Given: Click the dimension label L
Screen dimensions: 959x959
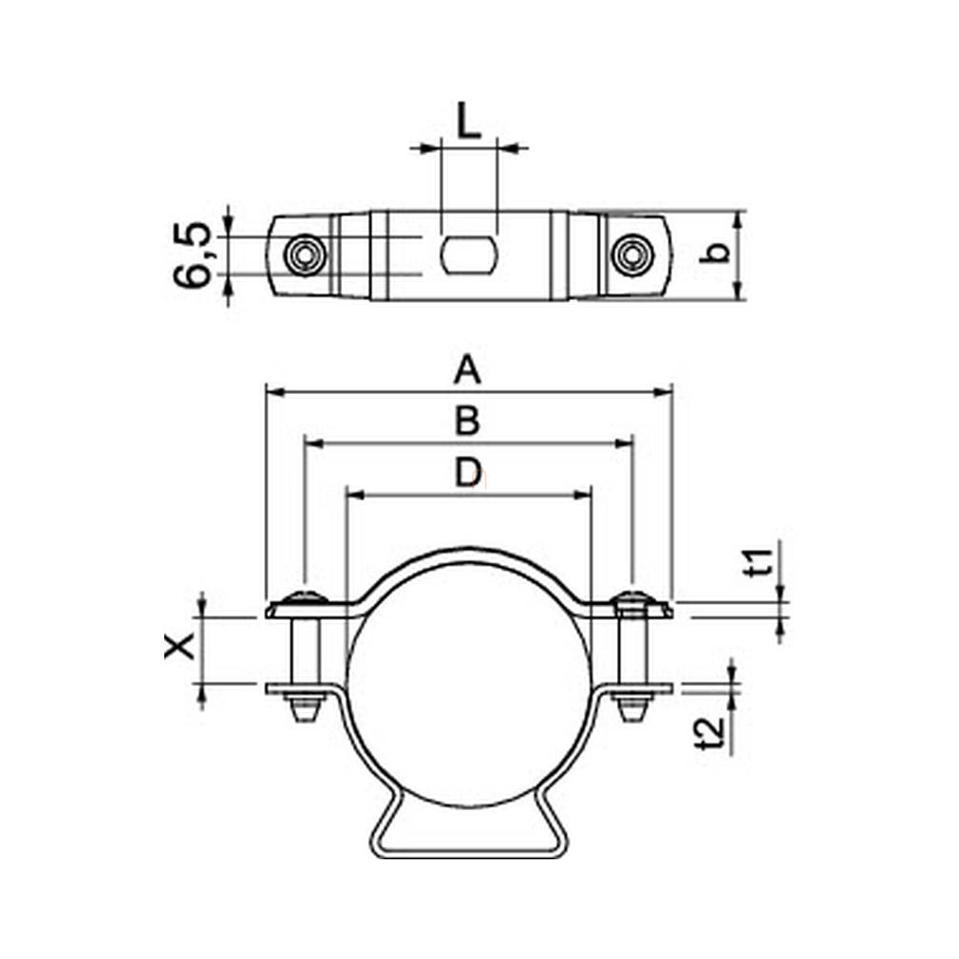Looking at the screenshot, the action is pos(469,121).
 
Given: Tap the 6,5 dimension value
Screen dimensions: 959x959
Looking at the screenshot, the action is pos(192,255).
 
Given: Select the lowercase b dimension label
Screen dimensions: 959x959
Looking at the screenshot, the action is pos(715,253).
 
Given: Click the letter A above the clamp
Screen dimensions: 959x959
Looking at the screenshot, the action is pos(467,370).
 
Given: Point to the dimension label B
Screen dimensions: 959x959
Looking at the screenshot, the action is pos(467,421).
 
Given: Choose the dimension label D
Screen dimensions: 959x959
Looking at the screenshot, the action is pos(468,473).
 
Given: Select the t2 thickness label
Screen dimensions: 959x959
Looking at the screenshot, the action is pos(710,733).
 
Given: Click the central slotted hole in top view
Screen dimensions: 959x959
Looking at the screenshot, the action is pos(468,255).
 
